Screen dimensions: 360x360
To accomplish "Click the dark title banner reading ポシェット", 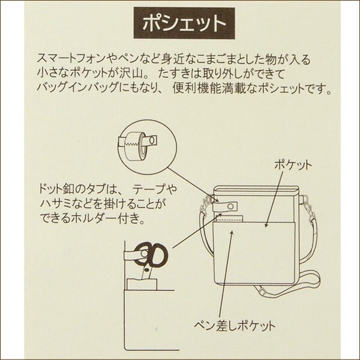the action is click(184, 23).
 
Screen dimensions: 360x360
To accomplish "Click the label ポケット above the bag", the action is click(293, 165).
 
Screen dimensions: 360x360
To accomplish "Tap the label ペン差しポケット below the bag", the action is click(235, 325).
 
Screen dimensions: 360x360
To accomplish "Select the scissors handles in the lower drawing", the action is click(152, 253).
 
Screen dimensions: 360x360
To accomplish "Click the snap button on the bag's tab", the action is click(230, 206).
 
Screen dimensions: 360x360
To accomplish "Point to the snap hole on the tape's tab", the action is click(152, 140).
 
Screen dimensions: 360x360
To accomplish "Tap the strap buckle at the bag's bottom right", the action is click(262, 291).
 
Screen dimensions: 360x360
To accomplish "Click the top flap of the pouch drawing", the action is click(256, 190).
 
